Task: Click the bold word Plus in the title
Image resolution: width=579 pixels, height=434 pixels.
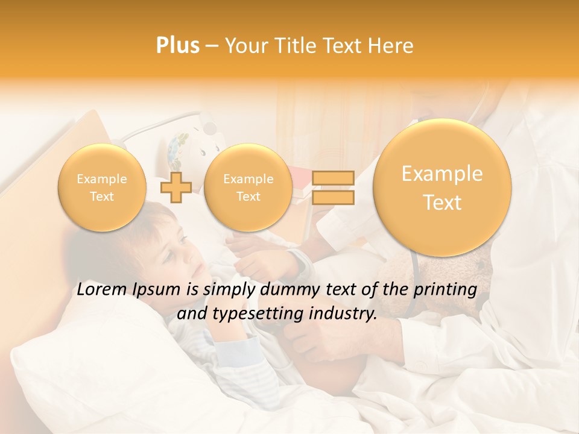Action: pyautogui.click(x=177, y=46)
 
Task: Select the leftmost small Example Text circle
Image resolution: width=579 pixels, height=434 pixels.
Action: pyautogui.click(x=102, y=187)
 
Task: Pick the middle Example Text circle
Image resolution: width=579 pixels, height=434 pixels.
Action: pyautogui.click(x=248, y=187)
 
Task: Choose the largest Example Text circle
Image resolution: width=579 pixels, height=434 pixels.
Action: pyautogui.click(x=442, y=187)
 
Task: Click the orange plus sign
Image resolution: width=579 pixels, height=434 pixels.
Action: pyautogui.click(x=176, y=187)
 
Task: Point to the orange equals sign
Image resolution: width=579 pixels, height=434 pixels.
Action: pyautogui.click(x=333, y=187)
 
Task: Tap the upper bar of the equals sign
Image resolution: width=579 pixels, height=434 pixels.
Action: pyautogui.click(x=333, y=178)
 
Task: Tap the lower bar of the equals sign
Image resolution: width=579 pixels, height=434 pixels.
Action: pyautogui.click(x=333, y=198)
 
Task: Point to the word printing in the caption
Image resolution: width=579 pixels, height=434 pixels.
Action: pyautogui.click(x=444, y=290)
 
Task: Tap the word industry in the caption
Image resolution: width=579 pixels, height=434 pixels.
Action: pyautogui.click(x=346, y=314)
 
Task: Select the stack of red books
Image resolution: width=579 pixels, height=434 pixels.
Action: pyautogui.click(x=302, y=184)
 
